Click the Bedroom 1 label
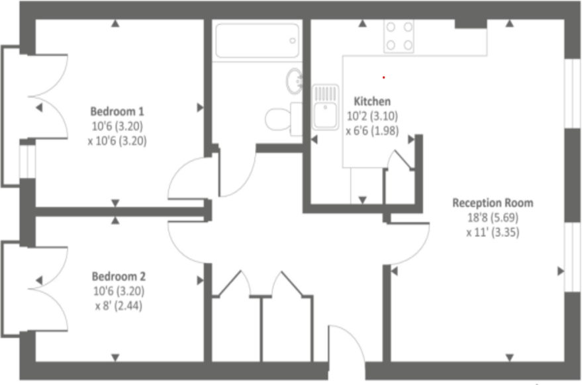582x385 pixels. coord(117,110)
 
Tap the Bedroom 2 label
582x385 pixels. coord(119,276)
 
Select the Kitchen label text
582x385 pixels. coord(372,101)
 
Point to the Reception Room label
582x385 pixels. coord(492,203)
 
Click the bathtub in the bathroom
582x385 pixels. coord(257,40)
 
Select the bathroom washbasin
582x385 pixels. coord(294,81)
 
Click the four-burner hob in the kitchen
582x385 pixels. coord(399,36)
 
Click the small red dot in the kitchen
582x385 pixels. coord(383,77)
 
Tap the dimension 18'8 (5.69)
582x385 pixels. coord(492,218)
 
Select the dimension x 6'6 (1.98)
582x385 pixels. coord(371,130)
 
